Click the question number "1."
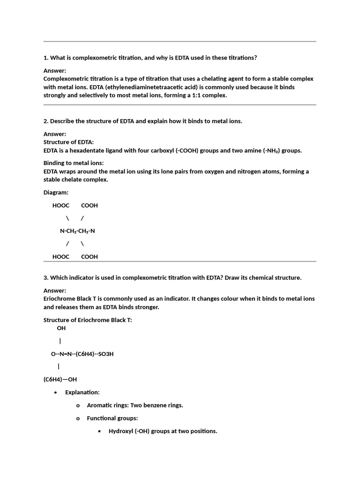[x=46, y=58]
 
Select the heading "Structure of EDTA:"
[x=68, y=142]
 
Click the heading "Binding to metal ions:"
[x=74, y=163]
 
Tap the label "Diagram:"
[x=56, y=193]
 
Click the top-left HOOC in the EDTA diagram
[x=60, y=205]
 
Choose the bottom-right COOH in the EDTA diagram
[x=90, y=256]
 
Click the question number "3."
[x=46, y=277]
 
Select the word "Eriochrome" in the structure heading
[x=89, y=320]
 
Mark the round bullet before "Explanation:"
[x=56, y=392]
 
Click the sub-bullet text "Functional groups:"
[x=112, y=418]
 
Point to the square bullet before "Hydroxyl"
[x=99, y=431]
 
